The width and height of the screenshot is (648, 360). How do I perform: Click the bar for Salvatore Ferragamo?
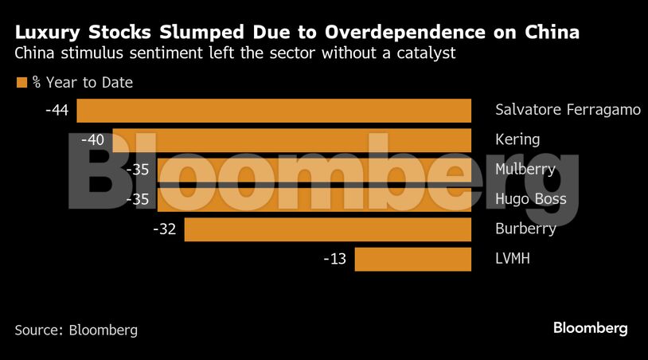coord(274,110)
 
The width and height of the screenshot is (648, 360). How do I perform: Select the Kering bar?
coord(291,139)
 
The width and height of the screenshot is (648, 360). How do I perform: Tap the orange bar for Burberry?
coord(327,229)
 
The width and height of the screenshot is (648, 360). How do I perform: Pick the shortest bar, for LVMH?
coord(412,259)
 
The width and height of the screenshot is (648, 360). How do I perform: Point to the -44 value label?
coord(57,110)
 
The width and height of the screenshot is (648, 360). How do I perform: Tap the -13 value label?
coord(334,259)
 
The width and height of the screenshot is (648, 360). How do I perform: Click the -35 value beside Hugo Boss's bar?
coord(138,199)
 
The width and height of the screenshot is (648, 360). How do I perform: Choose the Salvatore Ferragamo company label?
coord(568,110)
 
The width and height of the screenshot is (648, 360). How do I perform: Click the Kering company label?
coord(517,139)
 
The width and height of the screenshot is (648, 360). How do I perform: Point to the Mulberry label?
coord(525,169)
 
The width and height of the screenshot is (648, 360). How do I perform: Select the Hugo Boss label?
coord(531,199)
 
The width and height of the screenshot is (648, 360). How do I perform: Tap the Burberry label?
coord(525,229)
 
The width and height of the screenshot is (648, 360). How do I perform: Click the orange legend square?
coord(21,82)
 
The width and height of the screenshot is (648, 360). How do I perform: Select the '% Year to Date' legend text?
coord(82,82)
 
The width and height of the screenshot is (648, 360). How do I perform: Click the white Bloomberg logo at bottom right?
coord(591,328)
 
